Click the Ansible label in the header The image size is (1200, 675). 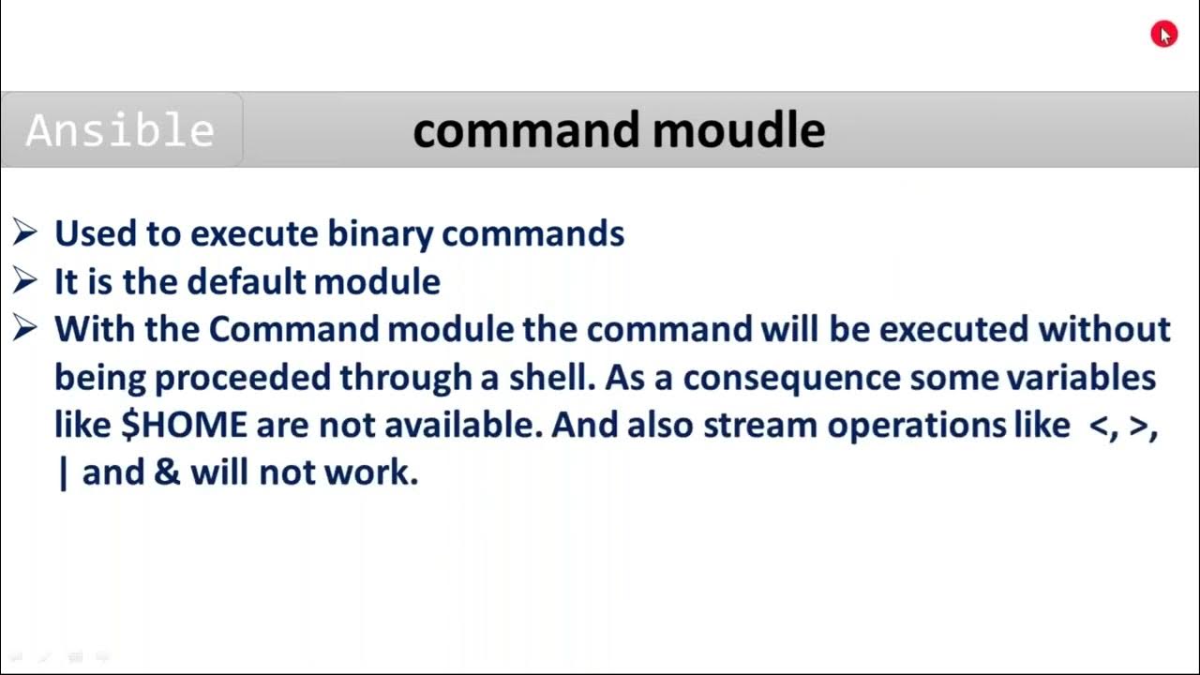tap(120, 130)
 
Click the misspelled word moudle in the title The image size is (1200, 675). tap(739, 130)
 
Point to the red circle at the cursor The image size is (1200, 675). tap(1163, 35)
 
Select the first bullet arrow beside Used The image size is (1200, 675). tap(25, 232)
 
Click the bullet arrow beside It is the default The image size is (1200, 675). tap(25, 280)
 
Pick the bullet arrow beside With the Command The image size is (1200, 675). tap(25, 328)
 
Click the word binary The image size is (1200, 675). tap(380, 233)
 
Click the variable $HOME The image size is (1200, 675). tap(185, 425)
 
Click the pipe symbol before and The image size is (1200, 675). tap(63, 472)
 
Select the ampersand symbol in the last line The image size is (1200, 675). tap(167, 472)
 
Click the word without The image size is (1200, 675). tap(1103, 329)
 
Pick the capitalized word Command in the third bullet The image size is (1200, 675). tap(293, 329)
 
